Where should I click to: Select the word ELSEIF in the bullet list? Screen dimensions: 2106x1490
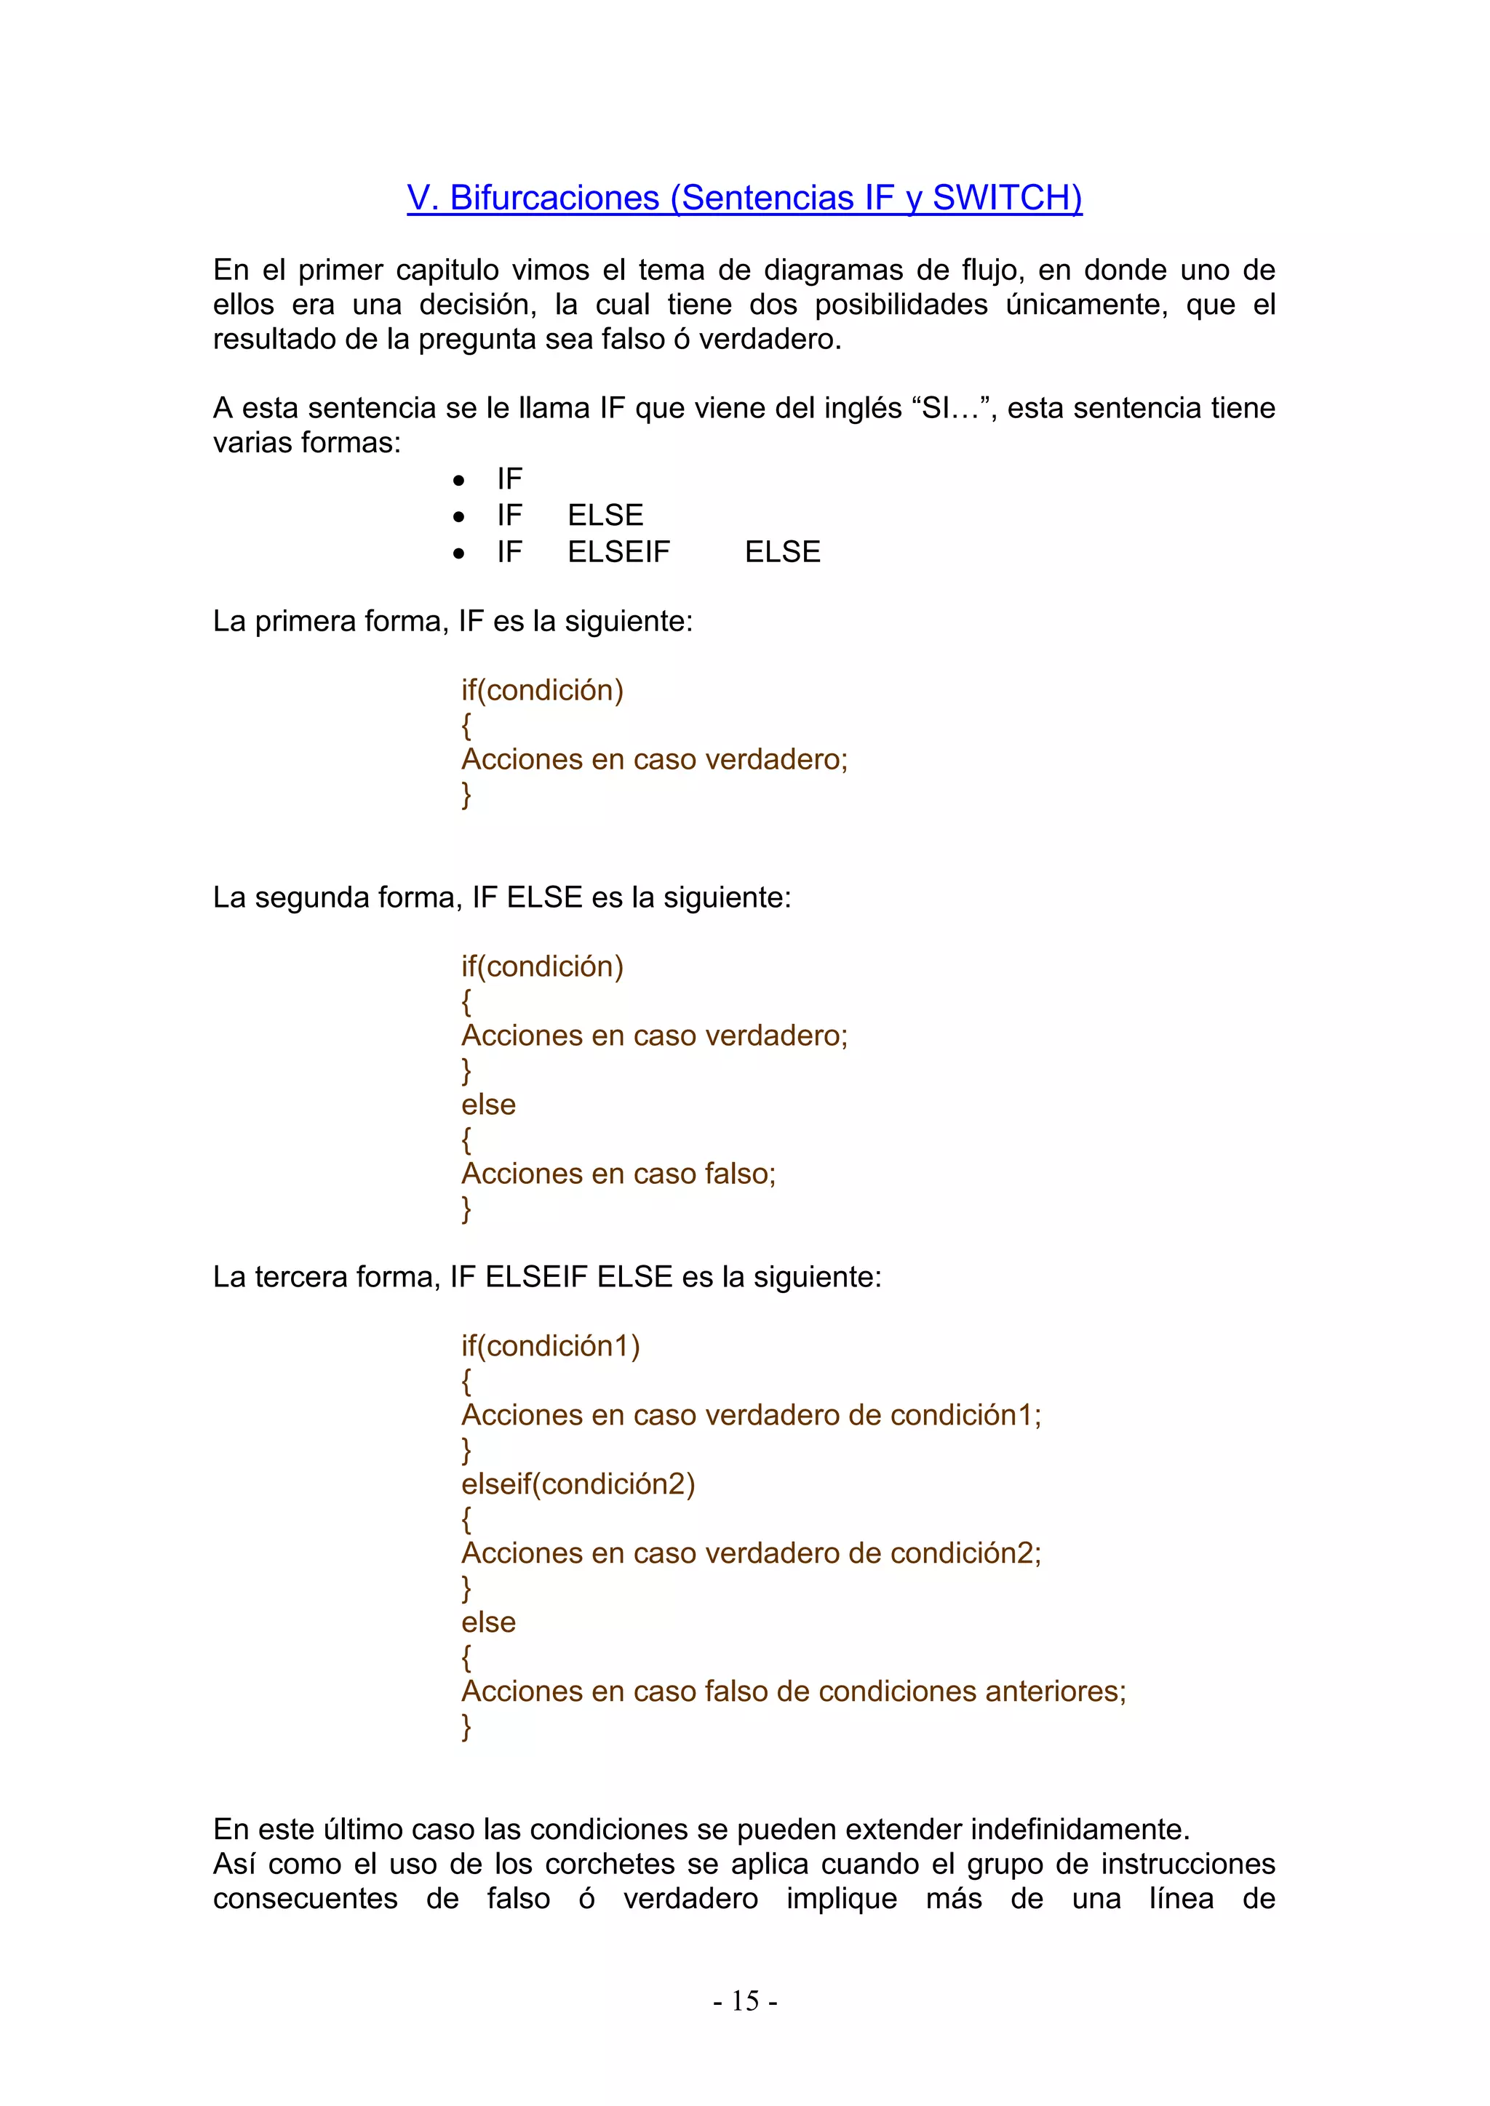point(618,551)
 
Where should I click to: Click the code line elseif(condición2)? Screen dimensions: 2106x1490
point(578,1484)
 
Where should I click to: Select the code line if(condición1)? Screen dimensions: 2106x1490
point(551,1345)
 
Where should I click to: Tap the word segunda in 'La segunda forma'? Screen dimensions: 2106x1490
point(307,897)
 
